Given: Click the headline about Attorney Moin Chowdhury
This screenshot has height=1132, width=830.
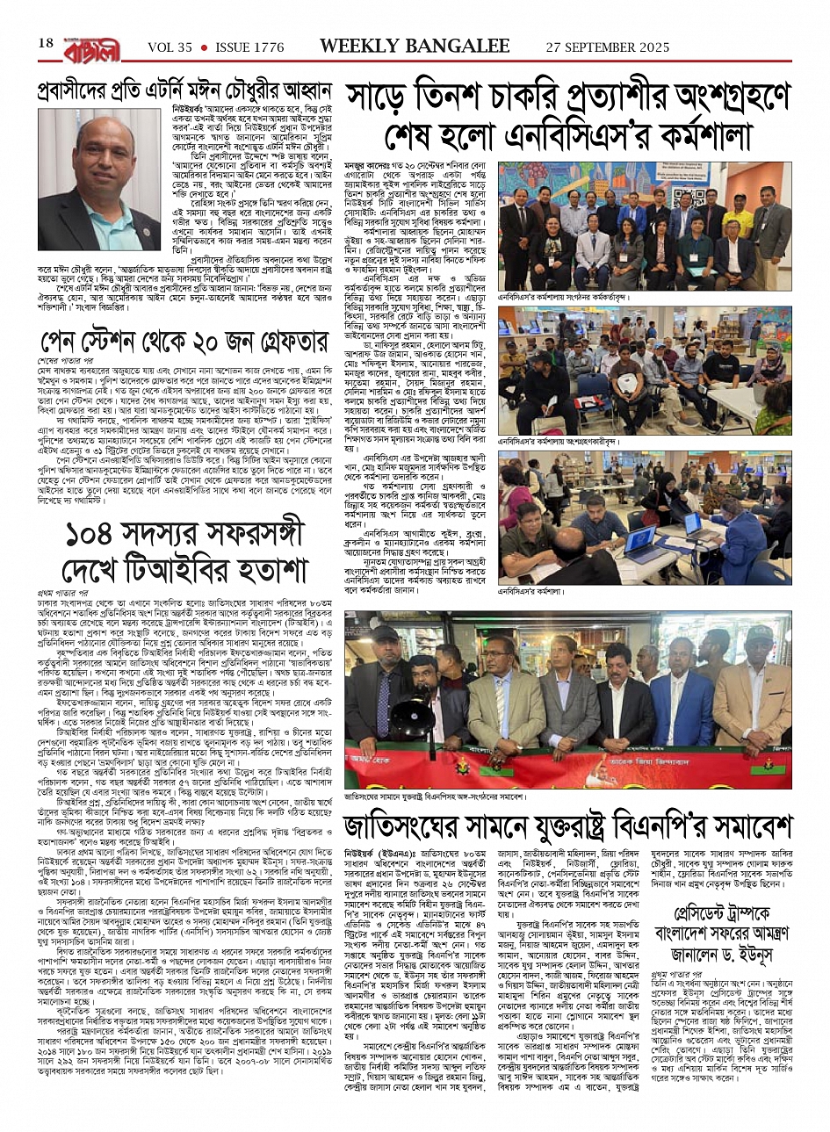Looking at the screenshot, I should [x=184, y=90].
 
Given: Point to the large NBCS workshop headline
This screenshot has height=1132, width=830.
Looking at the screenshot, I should [x=568, y=117].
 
